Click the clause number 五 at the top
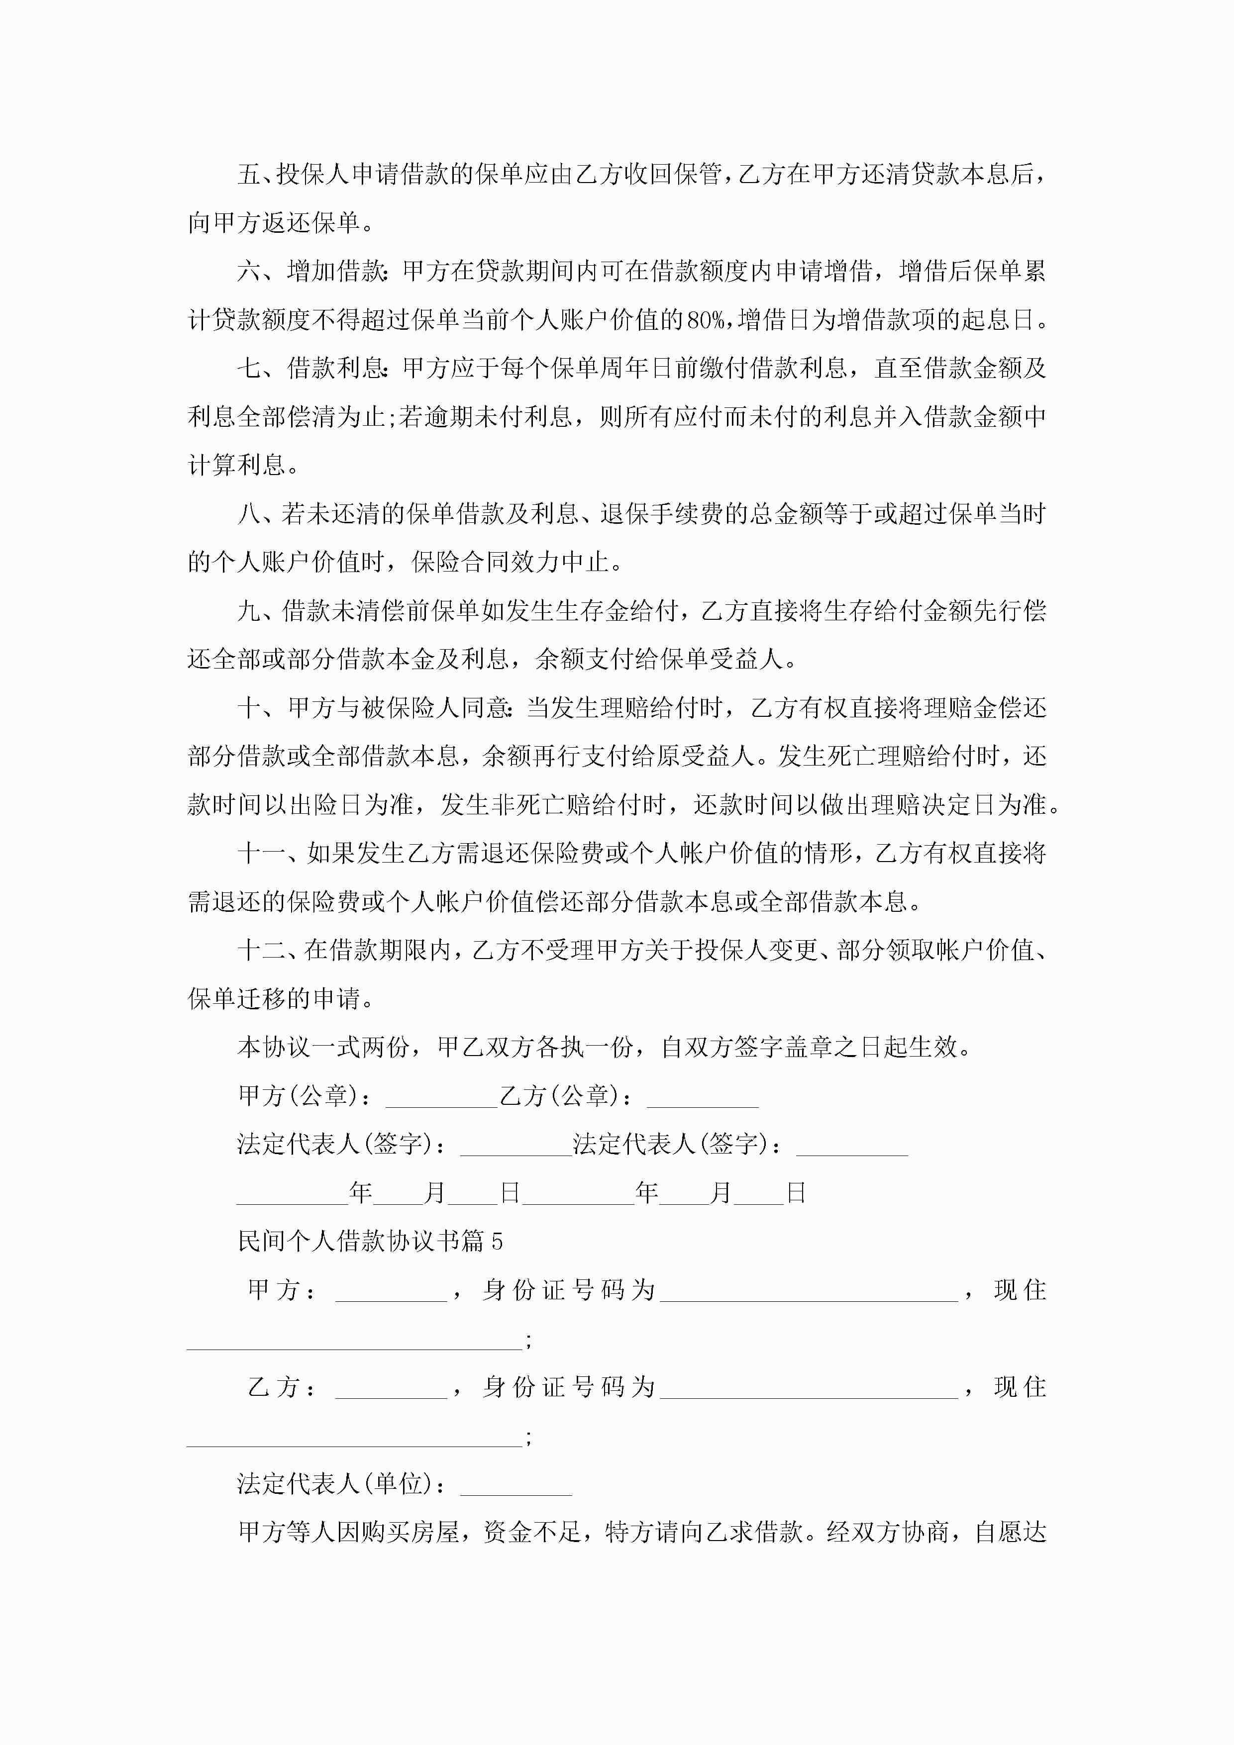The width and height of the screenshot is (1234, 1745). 249,175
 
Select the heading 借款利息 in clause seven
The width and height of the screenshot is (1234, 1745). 336,369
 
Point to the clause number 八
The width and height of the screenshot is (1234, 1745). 249,514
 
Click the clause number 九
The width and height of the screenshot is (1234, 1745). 249,611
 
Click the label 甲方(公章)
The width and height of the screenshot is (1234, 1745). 297,1096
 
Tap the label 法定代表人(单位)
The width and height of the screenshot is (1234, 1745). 334,1484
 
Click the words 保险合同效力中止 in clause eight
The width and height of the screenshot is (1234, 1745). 510,563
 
